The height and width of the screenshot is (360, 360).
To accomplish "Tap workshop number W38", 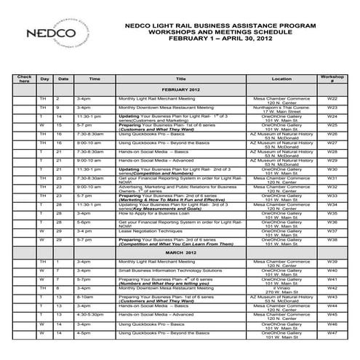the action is [332, 239].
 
